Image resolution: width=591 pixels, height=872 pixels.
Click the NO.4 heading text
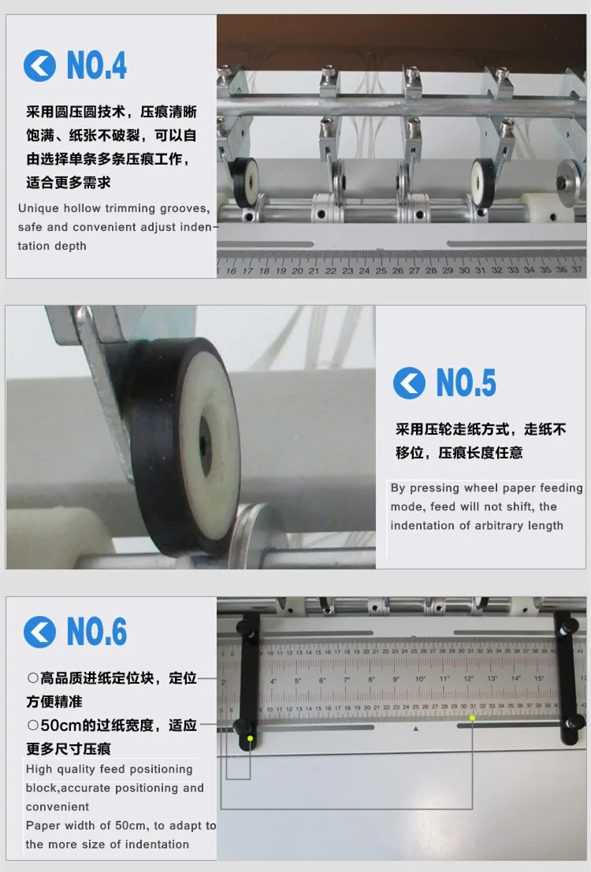97,65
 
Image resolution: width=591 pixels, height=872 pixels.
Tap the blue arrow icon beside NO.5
409,383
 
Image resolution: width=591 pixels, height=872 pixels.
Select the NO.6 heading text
97,632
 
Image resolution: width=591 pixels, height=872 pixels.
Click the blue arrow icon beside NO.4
39,65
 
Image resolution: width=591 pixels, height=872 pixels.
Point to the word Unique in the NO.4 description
39,209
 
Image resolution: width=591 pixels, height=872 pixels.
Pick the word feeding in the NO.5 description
561,488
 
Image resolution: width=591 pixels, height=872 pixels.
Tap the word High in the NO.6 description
39,769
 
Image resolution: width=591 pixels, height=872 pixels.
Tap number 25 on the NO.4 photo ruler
381,271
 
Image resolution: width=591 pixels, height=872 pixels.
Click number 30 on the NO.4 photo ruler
464,270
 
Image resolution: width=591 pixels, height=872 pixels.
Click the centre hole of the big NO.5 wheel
206,445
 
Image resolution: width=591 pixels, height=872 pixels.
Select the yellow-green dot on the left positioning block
251,739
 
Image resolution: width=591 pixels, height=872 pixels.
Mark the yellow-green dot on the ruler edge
472,718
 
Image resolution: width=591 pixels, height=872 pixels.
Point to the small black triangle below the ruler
416,729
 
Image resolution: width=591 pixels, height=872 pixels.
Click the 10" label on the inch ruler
420,679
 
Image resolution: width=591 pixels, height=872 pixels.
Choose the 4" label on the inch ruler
273,681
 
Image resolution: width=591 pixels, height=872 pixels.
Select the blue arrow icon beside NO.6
39,632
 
